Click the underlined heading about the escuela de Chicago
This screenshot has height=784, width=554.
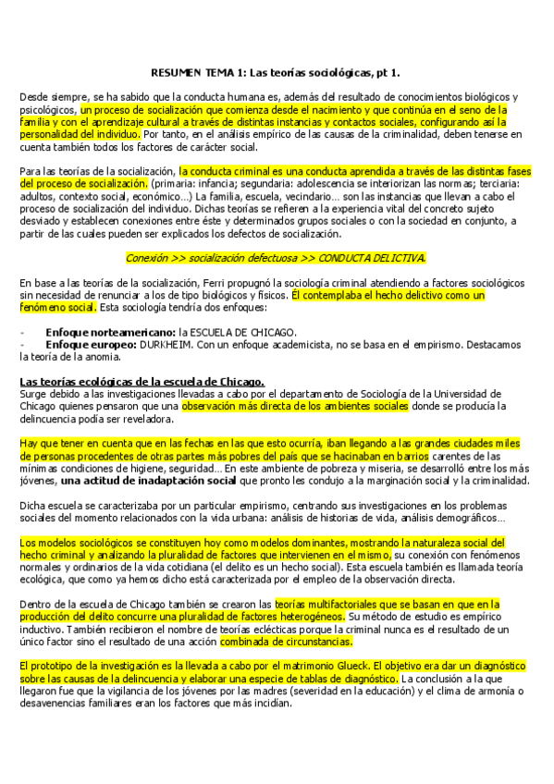142,381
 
